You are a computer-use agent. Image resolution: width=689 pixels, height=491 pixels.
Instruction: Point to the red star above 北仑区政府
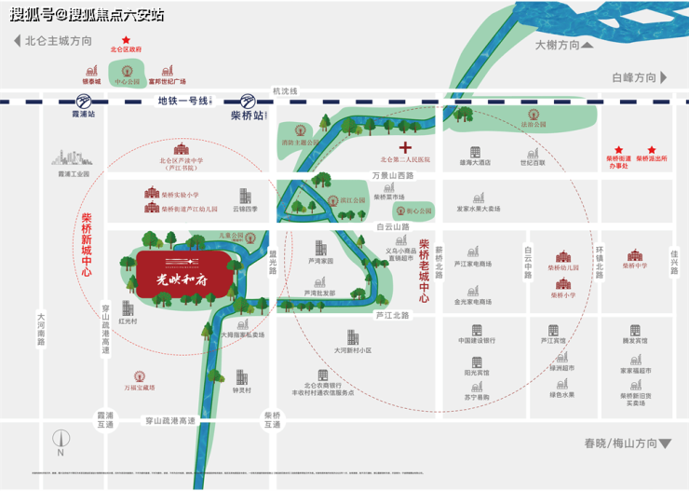pos(127,40)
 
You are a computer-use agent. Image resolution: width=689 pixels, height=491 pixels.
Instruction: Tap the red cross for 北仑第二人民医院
pos(405,148)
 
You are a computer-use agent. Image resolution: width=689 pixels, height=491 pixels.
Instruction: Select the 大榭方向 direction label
pos(557,45)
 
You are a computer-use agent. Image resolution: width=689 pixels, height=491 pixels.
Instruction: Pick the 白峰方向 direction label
pos(634,77)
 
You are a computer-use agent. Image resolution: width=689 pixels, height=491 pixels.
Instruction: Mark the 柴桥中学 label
pos(634,266)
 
